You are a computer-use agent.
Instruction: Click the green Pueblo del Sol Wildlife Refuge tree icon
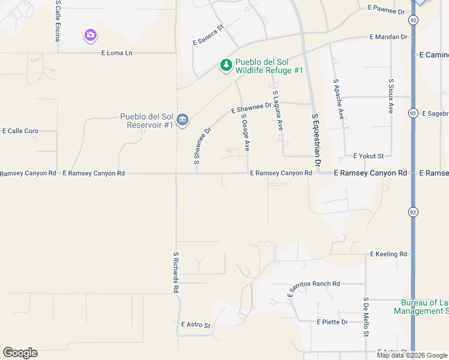(226, 65)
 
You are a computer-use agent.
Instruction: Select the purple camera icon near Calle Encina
(90, 36)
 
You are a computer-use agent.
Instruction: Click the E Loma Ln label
(116, 53)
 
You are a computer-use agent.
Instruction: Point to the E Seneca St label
(208, 35)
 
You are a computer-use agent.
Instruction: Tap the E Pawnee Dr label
(387, 10)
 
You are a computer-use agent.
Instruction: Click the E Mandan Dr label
(389, 37)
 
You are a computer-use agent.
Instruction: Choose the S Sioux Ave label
(391, 96)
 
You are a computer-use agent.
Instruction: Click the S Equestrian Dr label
(316, 140)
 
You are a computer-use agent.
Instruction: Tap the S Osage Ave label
(246, 133)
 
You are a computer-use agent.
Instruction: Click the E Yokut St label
(369, 155)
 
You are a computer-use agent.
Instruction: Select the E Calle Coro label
(20, 131)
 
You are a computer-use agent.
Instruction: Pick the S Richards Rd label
(176, 271)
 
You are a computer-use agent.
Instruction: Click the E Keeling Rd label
(388, 254)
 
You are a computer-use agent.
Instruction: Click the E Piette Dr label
(333, 322)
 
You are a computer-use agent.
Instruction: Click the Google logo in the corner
(20, 353)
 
